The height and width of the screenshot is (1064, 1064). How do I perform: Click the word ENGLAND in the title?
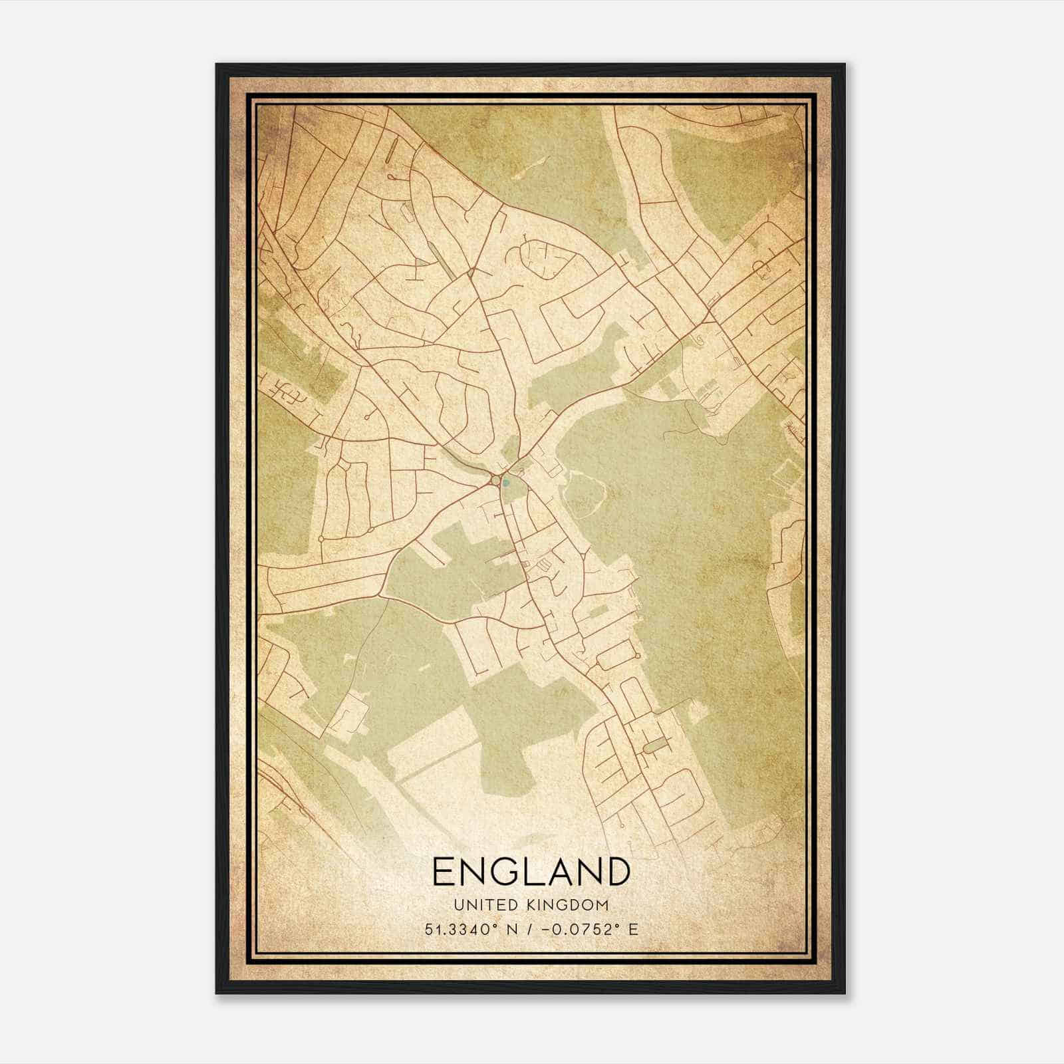coord(531,871)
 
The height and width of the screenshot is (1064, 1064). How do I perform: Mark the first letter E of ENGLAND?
coord(445,871)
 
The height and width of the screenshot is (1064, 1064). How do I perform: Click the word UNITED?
coord(480,905)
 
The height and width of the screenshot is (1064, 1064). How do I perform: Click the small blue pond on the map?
coord(505,483)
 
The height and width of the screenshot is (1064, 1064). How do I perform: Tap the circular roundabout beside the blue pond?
coord(495,480)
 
